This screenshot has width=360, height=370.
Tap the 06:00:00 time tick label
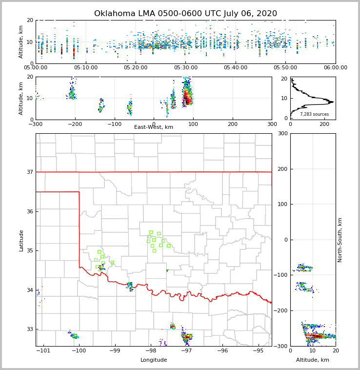(335, 68)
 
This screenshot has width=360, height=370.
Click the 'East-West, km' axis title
(154, 127)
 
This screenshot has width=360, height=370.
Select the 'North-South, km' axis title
(340, 240)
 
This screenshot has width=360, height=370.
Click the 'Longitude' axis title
(154, 360)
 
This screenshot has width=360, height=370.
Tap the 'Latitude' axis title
(21, 240)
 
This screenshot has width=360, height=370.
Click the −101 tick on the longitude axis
(43, 350)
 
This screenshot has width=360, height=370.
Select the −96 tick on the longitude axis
(222, 350)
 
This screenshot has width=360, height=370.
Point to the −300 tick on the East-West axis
(36, 124)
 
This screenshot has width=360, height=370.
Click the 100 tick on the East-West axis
(193, 124)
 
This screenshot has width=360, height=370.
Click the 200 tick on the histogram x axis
(324, 124)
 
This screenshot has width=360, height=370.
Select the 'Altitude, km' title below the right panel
(313, 360)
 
